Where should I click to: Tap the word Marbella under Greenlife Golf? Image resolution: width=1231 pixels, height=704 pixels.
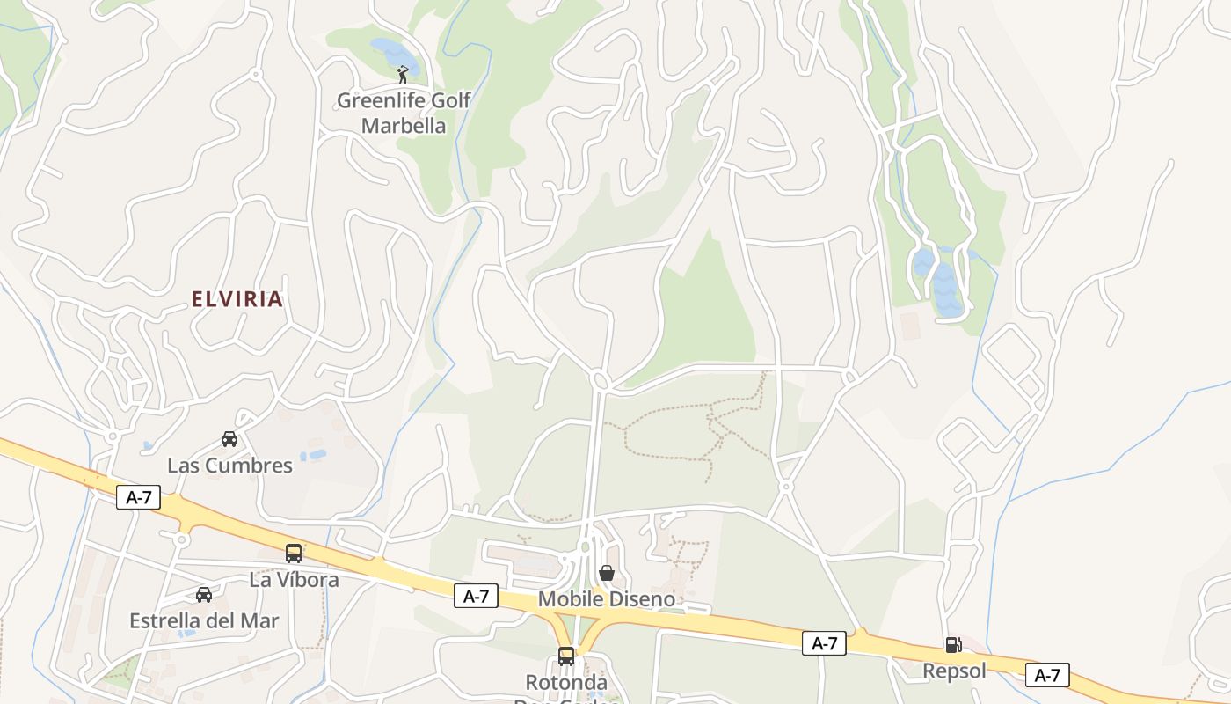coord(404,126)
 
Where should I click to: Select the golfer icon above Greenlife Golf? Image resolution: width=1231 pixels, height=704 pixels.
coord(403,75)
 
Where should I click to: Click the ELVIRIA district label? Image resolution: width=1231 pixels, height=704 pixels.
coord(237,299)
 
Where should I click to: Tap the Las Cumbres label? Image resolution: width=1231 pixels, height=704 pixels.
coord(229,466)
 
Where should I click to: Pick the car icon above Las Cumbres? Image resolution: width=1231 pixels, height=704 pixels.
coord(229,438)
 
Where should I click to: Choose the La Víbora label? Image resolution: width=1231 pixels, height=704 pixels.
coord(294,580)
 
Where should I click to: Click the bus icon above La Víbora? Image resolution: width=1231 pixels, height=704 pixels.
coord(294,554)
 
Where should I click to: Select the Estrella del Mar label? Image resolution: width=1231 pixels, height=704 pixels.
coord(204,620)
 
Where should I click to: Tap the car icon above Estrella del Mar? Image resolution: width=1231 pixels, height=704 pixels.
coord(204,595)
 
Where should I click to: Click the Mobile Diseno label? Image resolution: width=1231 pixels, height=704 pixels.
coord(607,599)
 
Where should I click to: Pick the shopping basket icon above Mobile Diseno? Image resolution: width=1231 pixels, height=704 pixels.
coord(606,574)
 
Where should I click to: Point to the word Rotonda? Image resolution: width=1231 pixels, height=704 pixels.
coord(566,683)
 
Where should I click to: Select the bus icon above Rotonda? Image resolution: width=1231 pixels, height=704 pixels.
coord(566,656)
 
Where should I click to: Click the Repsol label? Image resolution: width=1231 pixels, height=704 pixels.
coord(954,671)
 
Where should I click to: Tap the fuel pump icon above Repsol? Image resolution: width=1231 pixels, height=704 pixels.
coord(953,645)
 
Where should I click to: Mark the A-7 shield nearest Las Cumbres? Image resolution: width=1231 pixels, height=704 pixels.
coord(139,497)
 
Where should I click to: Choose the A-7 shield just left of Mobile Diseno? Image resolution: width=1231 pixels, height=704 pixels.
coord(476,596)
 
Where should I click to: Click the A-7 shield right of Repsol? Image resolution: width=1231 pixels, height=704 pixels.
coord(1046,675)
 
